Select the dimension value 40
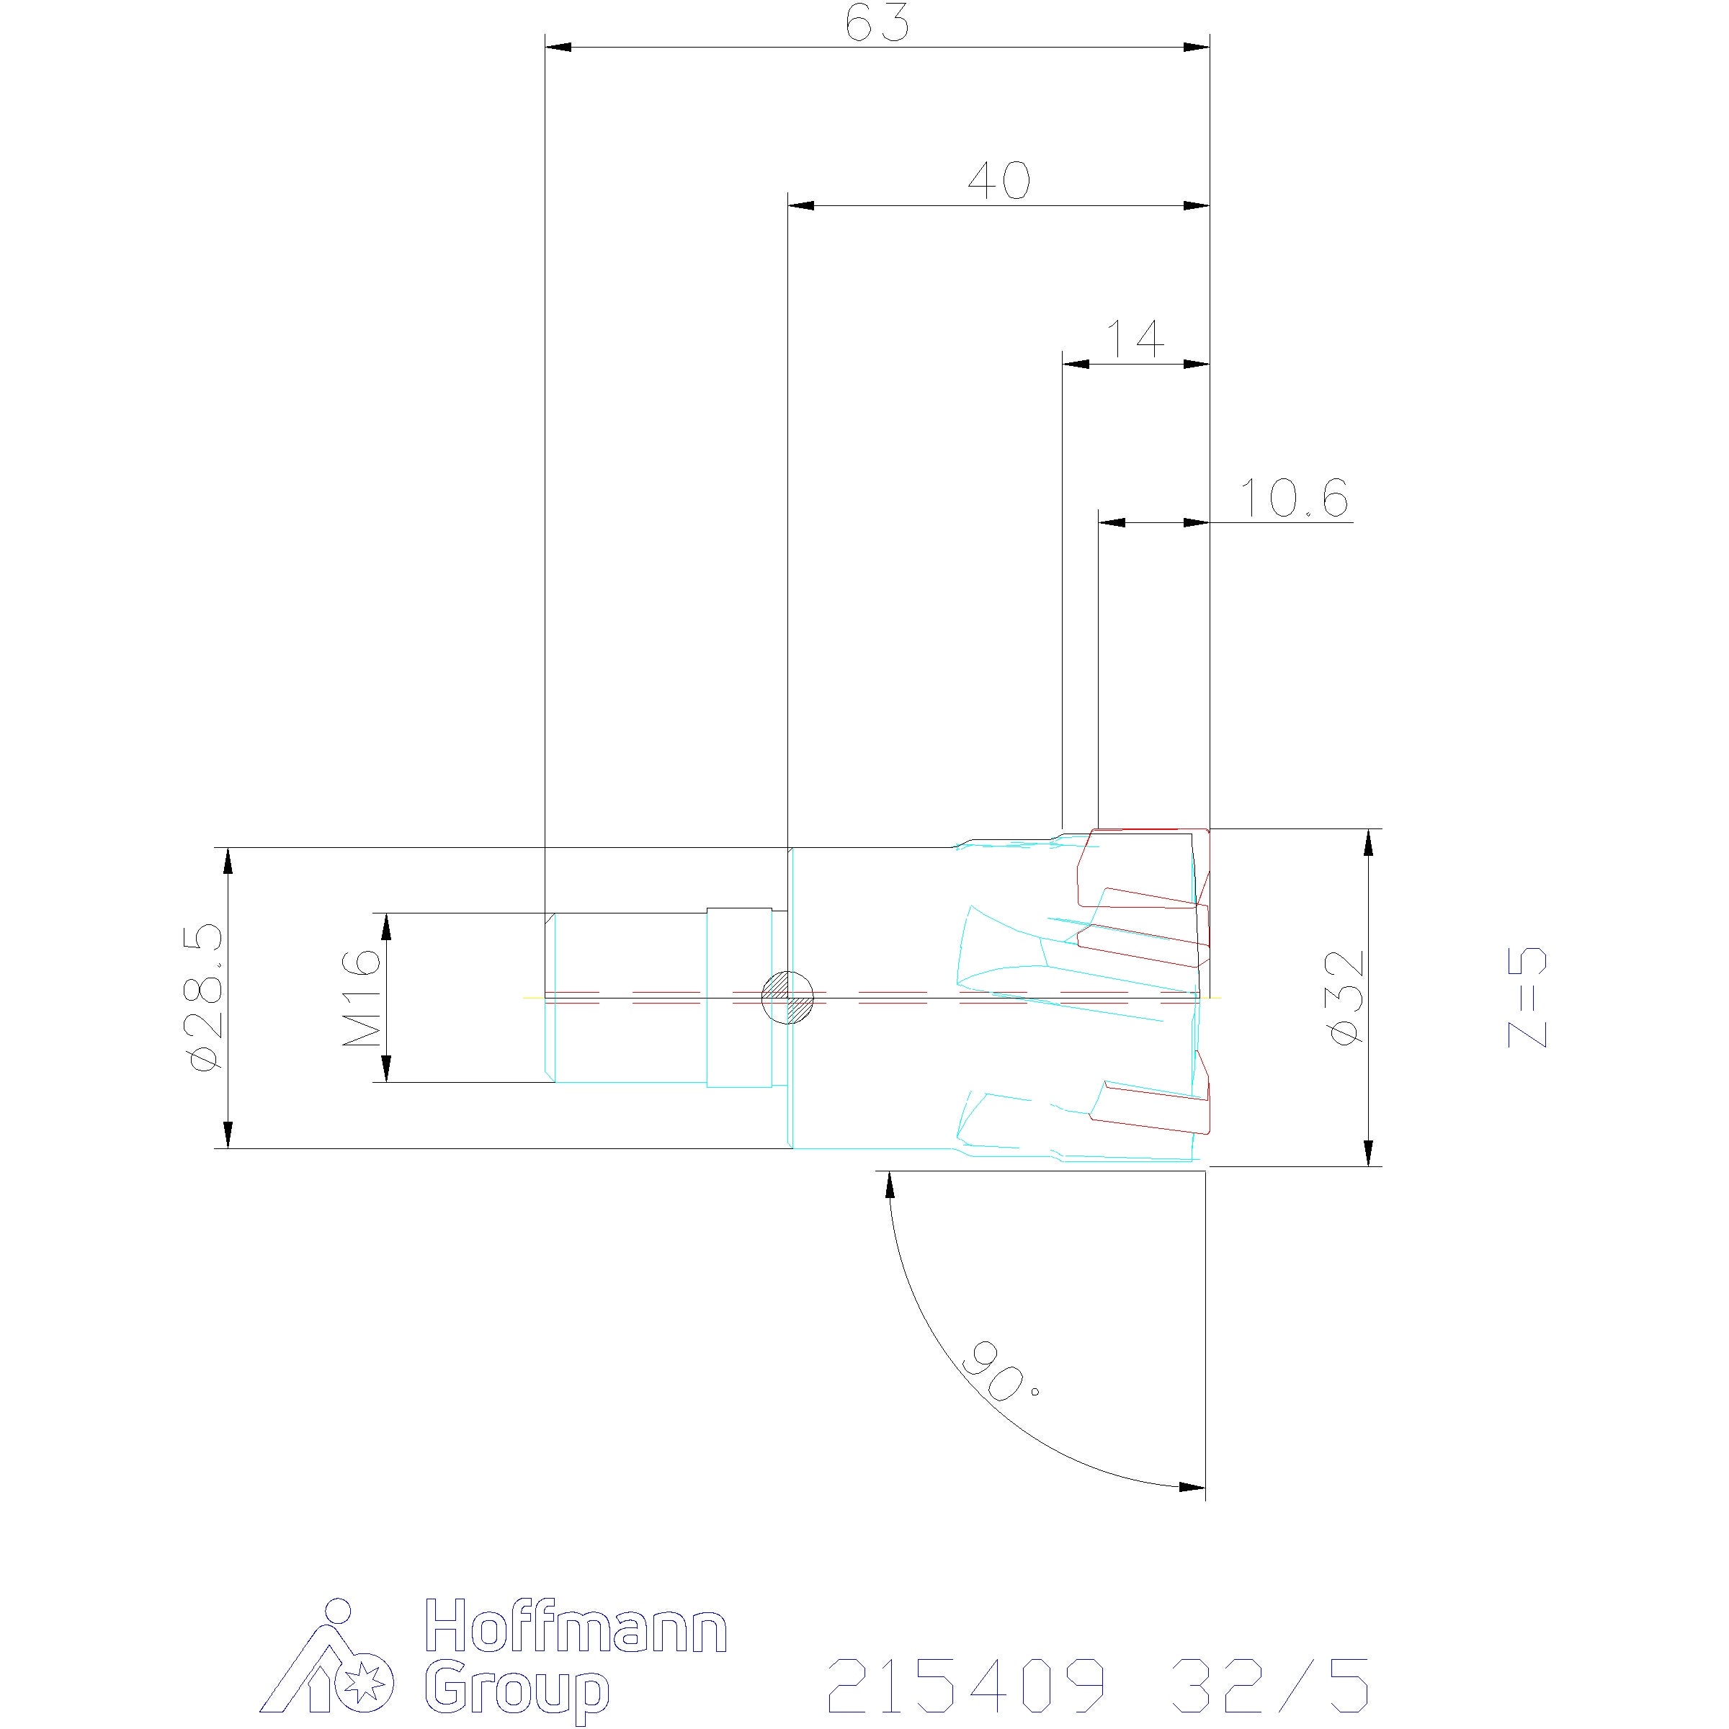pyautogui.click(x=1000, y=181)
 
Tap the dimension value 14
pyautogui.click(x=1137, y=339)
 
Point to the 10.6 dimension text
pyautogui.click(x=1294, y=498)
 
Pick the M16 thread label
pyautogui.click(x=362, y=998)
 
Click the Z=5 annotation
pyautogui.click(x=1527, y=997)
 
